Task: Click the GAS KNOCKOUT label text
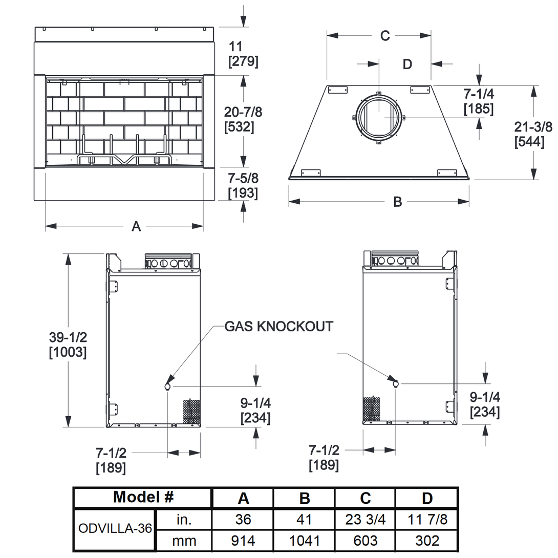tap(279, 326)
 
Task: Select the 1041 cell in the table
tap(304, 541)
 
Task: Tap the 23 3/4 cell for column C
tap(365, 519)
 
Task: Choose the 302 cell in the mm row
tap(427, 541)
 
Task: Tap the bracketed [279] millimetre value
tap(243, 62)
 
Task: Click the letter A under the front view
tap(136, 226)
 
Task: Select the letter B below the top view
tap(397, 202)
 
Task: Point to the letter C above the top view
tap(385, 35)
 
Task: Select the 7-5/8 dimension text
tap(243, 179)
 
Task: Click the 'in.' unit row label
tap(183, 519)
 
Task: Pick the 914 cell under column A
tap(243, 541)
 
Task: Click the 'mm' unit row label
tap(183, 541)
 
